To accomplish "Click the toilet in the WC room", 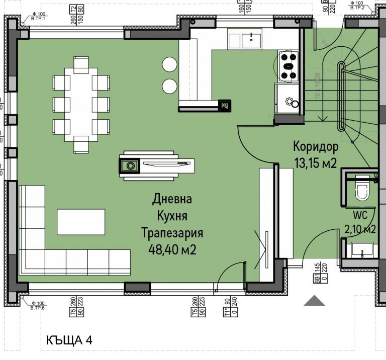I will (361, 191).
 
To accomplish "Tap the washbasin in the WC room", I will (362, 249).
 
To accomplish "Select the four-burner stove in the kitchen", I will (288, 66).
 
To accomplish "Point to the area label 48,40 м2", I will (172, 249).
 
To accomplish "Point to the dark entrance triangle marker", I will (315, 301).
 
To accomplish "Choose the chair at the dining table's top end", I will (81, 65).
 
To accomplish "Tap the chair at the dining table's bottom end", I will (81, 144).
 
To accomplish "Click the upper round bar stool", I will (169, 64).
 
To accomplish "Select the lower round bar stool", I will (169, 84).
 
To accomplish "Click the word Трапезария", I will (172, 233).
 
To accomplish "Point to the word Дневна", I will (172, 199).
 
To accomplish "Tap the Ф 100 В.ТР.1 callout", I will (38, 17).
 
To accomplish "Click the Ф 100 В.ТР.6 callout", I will (38, 306).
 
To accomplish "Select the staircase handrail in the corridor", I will (342, 96).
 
